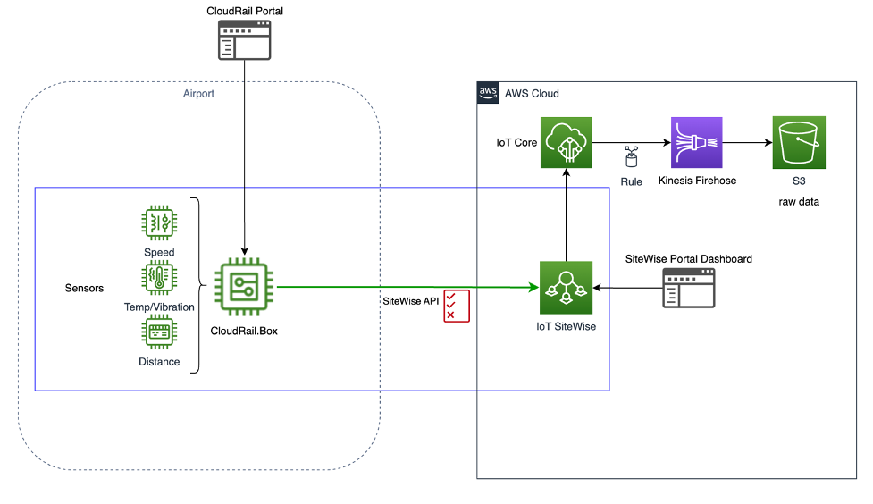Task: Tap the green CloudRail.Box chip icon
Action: click(243, 287)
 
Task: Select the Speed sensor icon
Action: click(159, 224)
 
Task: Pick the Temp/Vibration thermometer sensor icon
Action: click(159, 279)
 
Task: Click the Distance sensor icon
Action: click(159, 333)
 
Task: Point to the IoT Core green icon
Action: click(567, 142)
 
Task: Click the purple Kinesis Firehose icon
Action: click(696, 142)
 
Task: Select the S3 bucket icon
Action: click(798, 142)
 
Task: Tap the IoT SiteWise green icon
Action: click(566, 288)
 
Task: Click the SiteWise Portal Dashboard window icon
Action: click(688, 288)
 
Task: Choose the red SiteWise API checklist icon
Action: click(456, 305)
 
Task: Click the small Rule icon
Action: click(631, 157)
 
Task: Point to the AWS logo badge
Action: click(488, 93)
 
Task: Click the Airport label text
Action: click(198, 93)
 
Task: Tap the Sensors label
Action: click(84, 289)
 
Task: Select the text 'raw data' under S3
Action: click(798, 202)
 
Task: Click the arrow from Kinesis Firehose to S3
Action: click(747, 142)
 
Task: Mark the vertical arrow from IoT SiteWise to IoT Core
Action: click(567, 214)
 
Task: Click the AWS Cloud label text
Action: click(532, 93)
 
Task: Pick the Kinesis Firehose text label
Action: click(697, 181)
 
